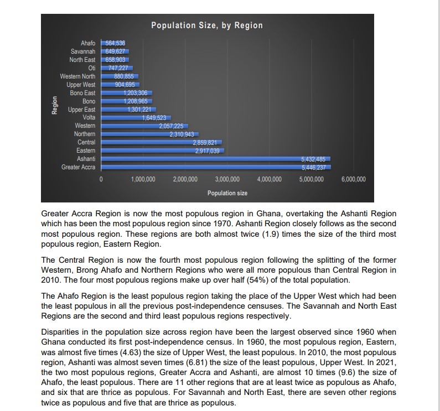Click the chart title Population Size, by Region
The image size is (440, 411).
coord(207,25)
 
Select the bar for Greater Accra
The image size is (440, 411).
coord(216,167)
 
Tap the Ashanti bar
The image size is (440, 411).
coord(216,159)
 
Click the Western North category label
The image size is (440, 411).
coord(77,76)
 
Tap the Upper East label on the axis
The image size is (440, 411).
coord(81,110)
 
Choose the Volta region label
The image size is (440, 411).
coord(89,117)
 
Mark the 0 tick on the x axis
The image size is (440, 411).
coord(101,180)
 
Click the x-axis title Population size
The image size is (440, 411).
coord(227,193)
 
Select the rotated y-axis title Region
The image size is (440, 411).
coord(54,105)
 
